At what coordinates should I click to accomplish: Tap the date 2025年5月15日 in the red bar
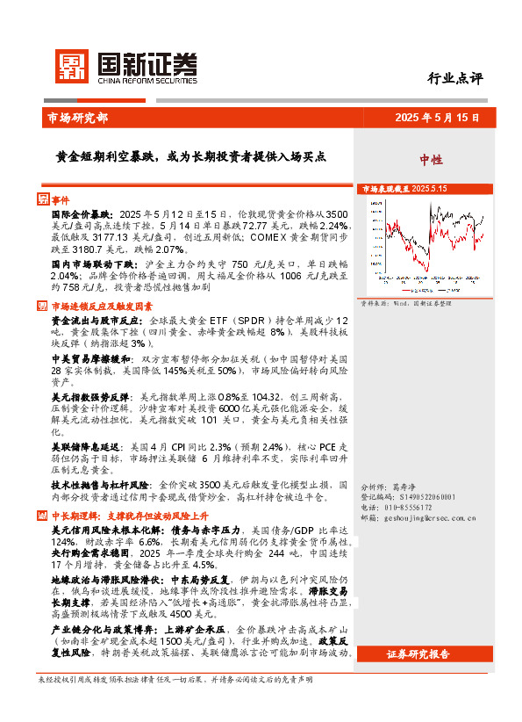(x=436, y=117)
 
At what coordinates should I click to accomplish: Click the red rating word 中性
(x=430, y=160)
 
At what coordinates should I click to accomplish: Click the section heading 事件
(x=59, y=200)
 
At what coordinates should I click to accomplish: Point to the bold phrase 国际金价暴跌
(x=82, y=214)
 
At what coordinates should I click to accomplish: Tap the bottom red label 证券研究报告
(x=418, y=653)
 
